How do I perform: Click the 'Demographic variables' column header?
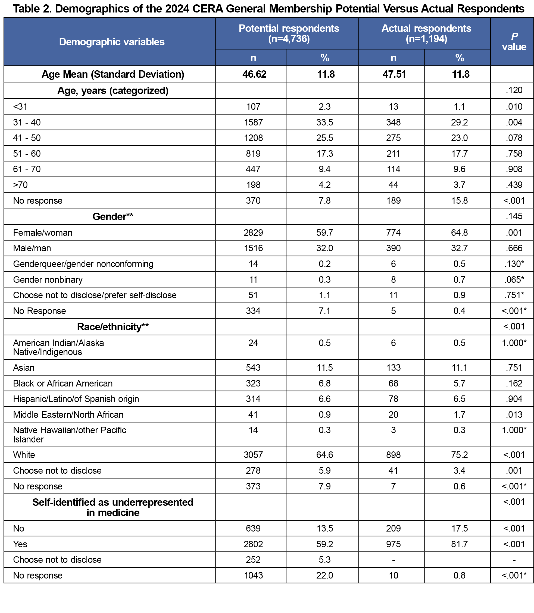112,42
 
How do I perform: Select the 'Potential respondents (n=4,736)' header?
289,33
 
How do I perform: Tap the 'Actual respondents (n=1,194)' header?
426,33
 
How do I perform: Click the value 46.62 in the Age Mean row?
254,74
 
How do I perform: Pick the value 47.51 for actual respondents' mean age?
394,74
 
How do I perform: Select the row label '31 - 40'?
27,122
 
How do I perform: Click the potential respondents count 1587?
253,122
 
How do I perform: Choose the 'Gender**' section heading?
113,216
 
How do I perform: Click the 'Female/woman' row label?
43,233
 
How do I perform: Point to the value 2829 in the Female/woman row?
253,233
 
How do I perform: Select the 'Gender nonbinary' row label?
48,280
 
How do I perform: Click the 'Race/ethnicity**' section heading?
113,327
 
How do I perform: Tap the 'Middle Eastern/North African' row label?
68,415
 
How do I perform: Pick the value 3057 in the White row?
253,455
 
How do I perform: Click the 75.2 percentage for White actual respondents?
459,455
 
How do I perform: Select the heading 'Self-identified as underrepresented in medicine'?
113,507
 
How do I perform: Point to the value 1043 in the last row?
253,576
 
